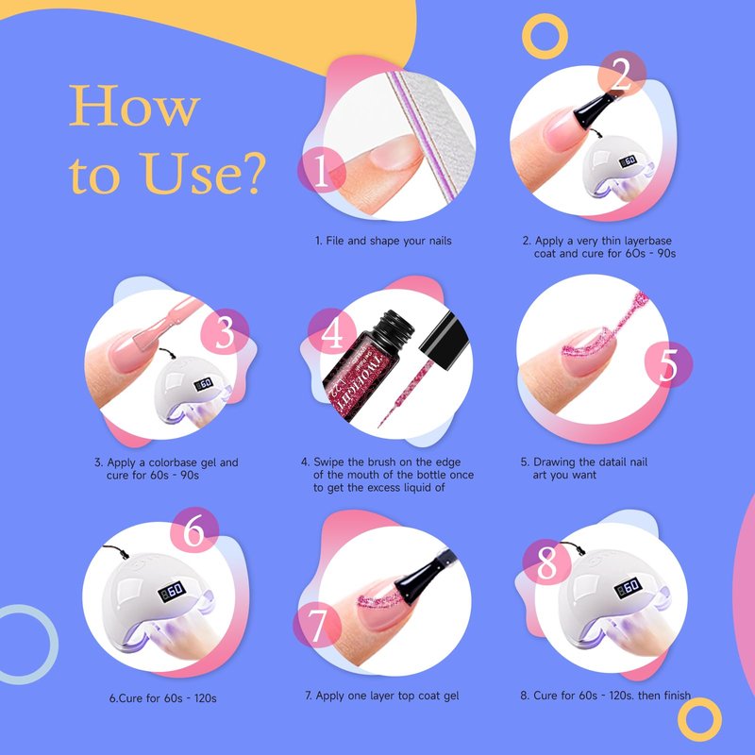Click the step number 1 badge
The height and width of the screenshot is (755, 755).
321,170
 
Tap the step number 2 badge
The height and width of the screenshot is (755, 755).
622,75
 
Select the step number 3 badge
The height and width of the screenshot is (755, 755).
225,332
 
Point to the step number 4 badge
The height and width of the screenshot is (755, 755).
332,332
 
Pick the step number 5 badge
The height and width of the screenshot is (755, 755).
668,364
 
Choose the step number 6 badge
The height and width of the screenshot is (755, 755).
194,530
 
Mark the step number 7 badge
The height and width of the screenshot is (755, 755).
317,625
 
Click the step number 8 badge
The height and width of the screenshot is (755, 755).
546,562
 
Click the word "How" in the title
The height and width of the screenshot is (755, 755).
134,106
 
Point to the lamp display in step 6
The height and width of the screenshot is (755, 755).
172,591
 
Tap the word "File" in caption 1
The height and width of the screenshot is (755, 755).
335,241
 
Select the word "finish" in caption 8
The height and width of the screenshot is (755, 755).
677,695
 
